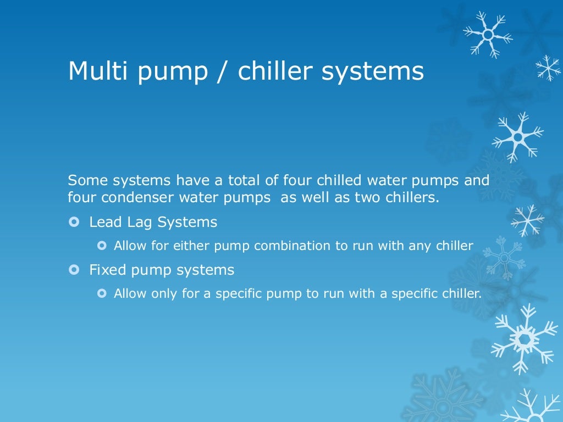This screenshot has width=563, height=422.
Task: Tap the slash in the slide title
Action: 222,71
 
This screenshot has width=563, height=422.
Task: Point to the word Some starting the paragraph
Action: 86,180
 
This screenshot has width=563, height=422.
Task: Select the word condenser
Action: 130,197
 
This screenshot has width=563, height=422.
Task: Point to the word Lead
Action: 103,223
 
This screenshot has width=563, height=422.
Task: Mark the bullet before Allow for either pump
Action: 101,246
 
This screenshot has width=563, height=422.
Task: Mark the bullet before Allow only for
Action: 101,293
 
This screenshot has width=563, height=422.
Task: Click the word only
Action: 156,293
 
